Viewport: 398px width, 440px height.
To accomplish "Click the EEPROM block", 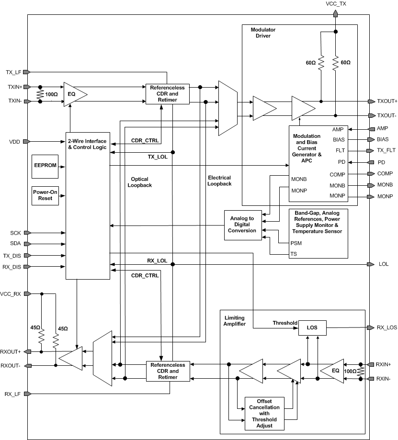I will tap(45, 164).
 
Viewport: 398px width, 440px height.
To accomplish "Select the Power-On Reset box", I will tap(45, 195).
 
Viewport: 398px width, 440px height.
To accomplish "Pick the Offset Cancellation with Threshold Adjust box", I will tap(264, 413).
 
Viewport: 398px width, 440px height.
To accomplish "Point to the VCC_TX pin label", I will tap(336, 4).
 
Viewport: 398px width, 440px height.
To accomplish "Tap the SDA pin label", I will tap(16, 244).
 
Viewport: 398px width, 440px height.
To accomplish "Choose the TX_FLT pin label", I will tap(386, 151).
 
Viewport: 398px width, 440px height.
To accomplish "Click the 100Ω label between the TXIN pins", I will tap(51, 94).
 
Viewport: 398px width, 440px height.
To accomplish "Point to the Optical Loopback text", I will tap(140, 182).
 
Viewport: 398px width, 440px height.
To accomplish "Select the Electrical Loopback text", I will tap(219, 181).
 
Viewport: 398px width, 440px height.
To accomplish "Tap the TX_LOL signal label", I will tap(157, 157).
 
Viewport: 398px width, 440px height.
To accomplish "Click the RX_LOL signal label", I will tap(157, 261).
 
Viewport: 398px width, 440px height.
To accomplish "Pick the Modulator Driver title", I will tap(263, 33).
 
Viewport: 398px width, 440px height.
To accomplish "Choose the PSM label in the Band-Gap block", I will tap(297, 243).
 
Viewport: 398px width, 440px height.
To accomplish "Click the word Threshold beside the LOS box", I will tap(285, 323).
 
